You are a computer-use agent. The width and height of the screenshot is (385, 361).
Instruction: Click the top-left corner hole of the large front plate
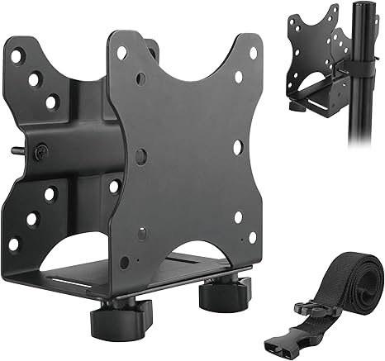tap(122, 52)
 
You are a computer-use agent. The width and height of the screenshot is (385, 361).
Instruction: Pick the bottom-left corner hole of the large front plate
tap(123, 263)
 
